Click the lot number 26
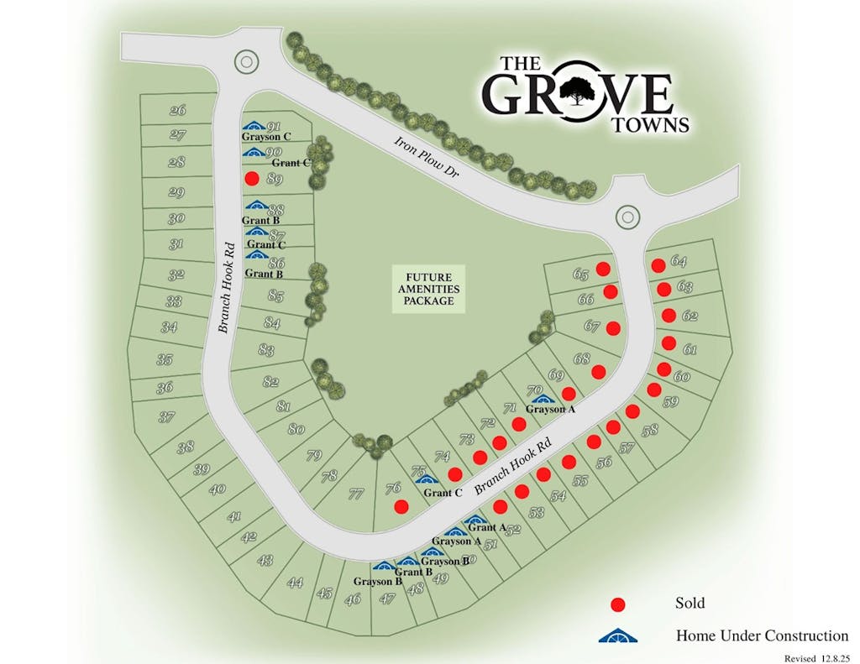click(x=177, y=110)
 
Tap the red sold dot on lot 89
click(x=250, y=179)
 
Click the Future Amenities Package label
click(x=428, y=289)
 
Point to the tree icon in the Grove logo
click(x=576, y=91)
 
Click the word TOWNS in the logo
click(x=651, y=125)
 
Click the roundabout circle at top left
click(x=245, y=60)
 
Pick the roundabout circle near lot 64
click(x=627, y=217)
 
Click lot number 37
click(x=166, y=416)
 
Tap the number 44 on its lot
click(x=294, y=582)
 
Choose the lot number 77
click(x=355, y=494)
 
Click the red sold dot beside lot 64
click(x=658, y=265)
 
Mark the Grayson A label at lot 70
click(x=550, y=409)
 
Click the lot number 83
click(x=266, y=349)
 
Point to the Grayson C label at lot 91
click(x=266, y=136)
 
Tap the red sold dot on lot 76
click(x=401, y=506)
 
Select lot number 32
click(x=176, y=274)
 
